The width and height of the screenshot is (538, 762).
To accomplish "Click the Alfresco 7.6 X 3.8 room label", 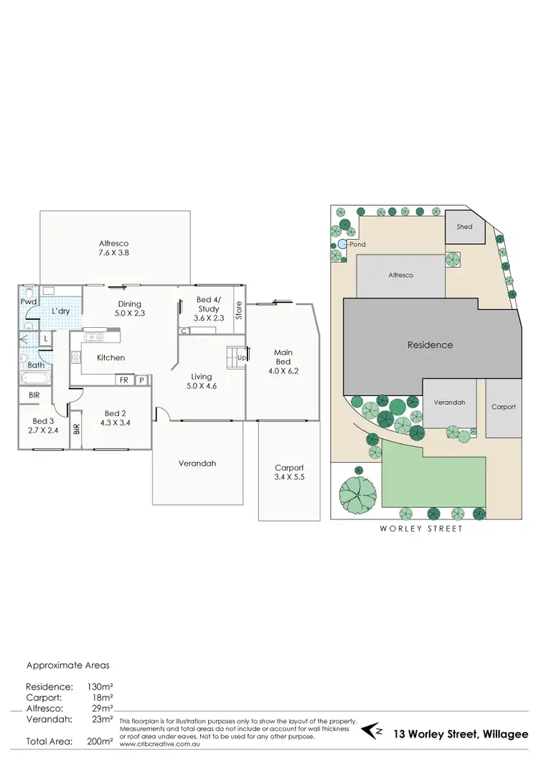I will click(x=114, y=248).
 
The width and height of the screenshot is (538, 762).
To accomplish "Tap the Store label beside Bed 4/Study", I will click(x=240, y=310).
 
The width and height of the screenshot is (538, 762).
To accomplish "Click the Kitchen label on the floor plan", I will click(x=111, y=357).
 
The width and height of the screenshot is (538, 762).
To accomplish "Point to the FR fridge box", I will click(x=124, y=380).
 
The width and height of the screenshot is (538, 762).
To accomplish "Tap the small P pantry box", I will click(x=141, y=380).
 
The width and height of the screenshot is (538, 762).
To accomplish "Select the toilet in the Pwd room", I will click(x=27, y=292).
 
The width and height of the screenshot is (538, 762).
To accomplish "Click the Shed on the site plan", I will click(x=465, y=227).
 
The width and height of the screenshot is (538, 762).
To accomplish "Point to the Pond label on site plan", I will click(x=357, y=245).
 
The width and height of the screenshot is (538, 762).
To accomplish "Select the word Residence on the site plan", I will click(x=430, y=344).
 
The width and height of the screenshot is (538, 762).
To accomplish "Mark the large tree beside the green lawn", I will click(x=357, y=495).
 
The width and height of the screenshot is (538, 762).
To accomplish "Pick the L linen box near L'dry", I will click(x=45, y=337).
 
